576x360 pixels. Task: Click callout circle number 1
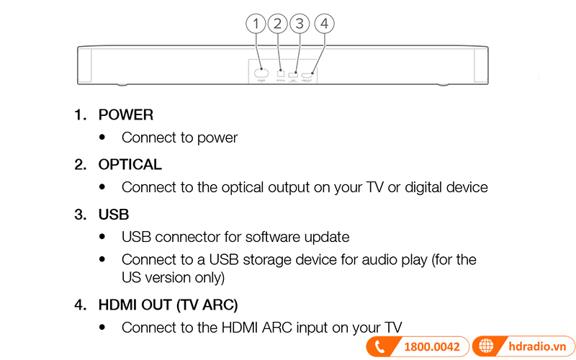tap(256, 24)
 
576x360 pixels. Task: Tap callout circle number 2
tap(278, 24)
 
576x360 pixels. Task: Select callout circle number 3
tap(300, 24)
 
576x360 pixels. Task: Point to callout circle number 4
tap(325, 24)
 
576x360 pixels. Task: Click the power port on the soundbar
tap(261, 73)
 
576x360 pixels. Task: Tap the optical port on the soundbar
tap(281, 73)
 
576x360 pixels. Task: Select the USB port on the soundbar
tap(293, 74)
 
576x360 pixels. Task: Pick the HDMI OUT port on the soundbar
tap(307, 74)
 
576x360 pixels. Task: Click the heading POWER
tap(126, 114)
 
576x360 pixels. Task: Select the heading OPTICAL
tap(130, 165)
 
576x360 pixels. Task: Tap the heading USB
tap(114, 215)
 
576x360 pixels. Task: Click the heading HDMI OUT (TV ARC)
tap(168, 305)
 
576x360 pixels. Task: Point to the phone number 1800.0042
tap(432, 347)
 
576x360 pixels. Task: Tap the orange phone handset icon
tap(379, 347)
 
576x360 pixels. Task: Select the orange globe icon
tap(487, 347)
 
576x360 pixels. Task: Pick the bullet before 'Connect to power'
tap(103, 137)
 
